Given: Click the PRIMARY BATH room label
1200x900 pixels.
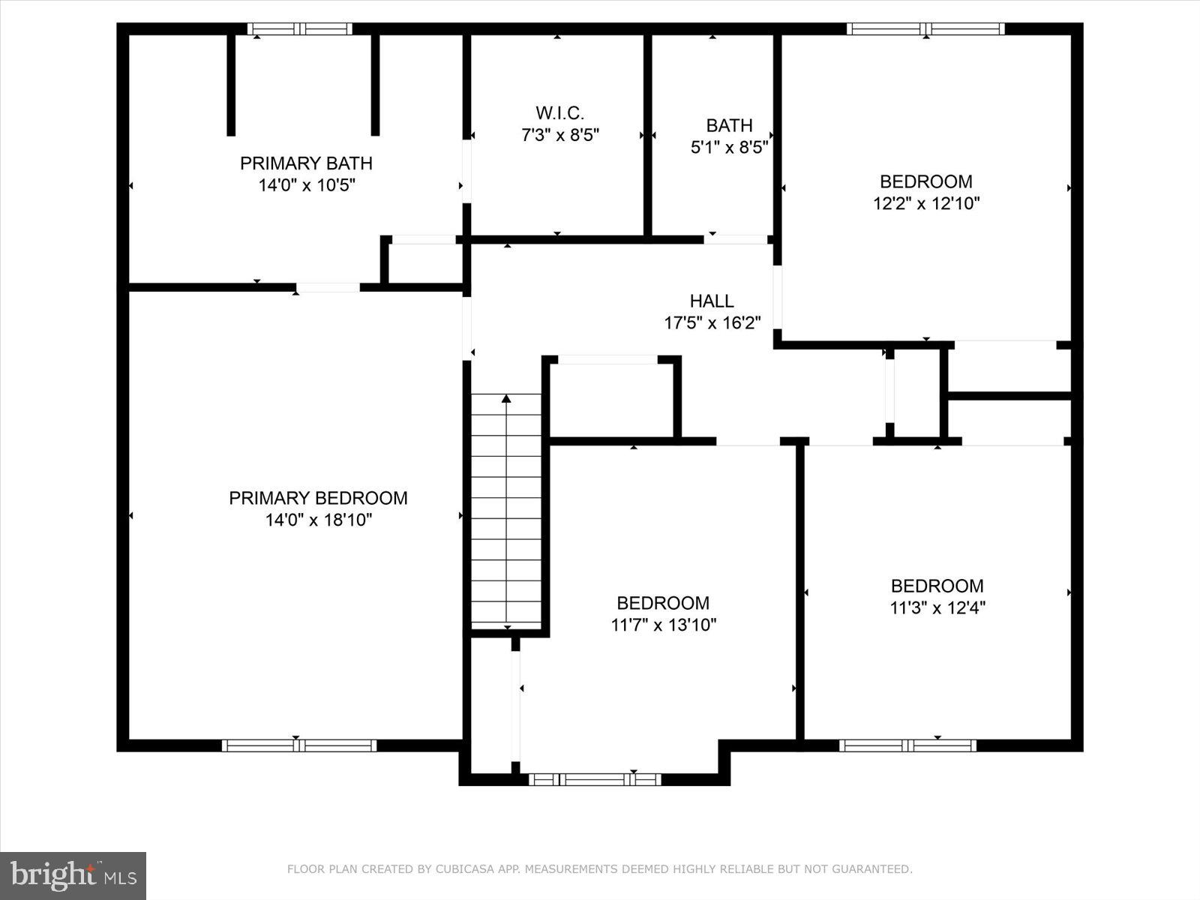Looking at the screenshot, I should [x=306, y=163].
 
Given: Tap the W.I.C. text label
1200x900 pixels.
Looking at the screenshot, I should [x=559, y=113].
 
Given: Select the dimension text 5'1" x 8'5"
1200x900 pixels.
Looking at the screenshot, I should [x=729, y=147].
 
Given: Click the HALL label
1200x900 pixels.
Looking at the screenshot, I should [x=712, y=301].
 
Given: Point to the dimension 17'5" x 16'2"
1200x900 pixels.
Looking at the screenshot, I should [x=712, y=323].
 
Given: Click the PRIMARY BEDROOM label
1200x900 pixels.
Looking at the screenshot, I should [x=318, y=498].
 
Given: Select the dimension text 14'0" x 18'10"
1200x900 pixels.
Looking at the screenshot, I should [x=318, y=520].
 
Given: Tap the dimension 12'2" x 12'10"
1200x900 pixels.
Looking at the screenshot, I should [x=925, y=203].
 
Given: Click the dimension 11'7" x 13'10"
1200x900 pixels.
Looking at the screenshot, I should [x=663, y=625].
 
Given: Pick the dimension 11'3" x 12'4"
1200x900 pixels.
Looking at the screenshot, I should [x=937, y=607].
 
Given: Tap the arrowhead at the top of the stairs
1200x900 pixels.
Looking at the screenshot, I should [x=506, y=399].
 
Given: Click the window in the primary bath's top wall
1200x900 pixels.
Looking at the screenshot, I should [x=300, y=29].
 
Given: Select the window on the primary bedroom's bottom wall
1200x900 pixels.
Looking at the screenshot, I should [x=298, y=745].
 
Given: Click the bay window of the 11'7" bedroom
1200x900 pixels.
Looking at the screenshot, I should [x=595, y=779].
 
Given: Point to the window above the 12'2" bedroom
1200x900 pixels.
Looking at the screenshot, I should [x=925, y=29].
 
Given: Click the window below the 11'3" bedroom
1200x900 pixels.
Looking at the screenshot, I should [x=907, y=745].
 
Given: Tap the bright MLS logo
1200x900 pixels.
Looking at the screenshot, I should [x=73, y=875].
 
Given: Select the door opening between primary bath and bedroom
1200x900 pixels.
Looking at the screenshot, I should [x=328, y=287].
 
